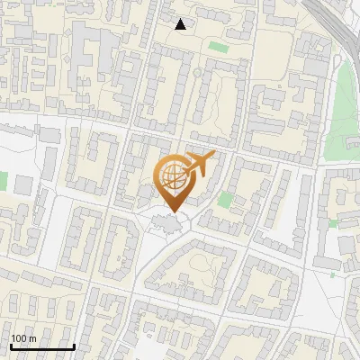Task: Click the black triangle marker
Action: [181, 24]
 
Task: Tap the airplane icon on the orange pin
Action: [200, 163]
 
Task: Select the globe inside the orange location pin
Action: [173, 178]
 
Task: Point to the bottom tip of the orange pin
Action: [172, 213]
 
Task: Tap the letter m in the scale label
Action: [32, 338]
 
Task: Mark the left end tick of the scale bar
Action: [11, 346]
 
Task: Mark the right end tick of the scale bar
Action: [73, 346]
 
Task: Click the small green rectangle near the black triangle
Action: [218, 46]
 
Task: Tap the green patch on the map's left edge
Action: [3, 180]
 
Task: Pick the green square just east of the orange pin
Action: [224, 200]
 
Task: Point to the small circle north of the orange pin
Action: [197, 73]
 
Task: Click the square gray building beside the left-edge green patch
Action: [23, 184]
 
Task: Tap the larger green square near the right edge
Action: [334, 222]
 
